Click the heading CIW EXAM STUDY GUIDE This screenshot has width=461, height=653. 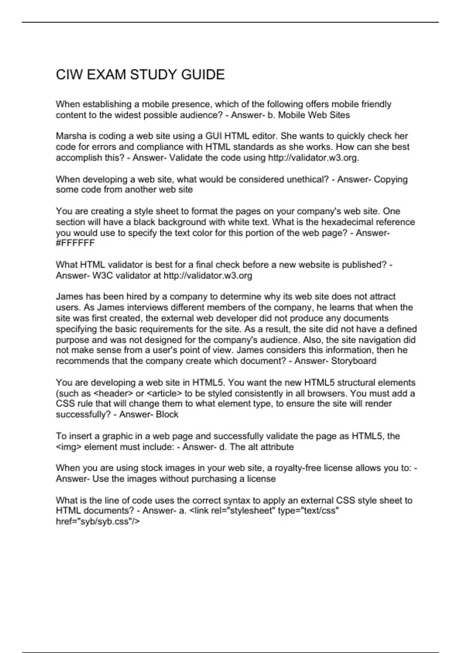pyautogui.click(x=140, y=75)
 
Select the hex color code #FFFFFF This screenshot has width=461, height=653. pyautogui.click(x=75, y=243)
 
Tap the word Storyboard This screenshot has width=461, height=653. pyautogui.click(x=353, y=361)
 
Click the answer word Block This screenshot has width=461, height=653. pyautogui.click(x=167, y=414)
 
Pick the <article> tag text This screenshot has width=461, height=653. pyautogui.click(x=164, y=393)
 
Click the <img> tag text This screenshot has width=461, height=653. pyautogui.click(x=69, y=447)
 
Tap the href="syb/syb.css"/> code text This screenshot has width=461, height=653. pyautogui.click(x=98, y=522)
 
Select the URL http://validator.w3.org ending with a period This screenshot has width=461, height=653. pyautogui.click(x=313, y=158)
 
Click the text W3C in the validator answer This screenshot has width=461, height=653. pyautogui.click(x=103, y=275)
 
